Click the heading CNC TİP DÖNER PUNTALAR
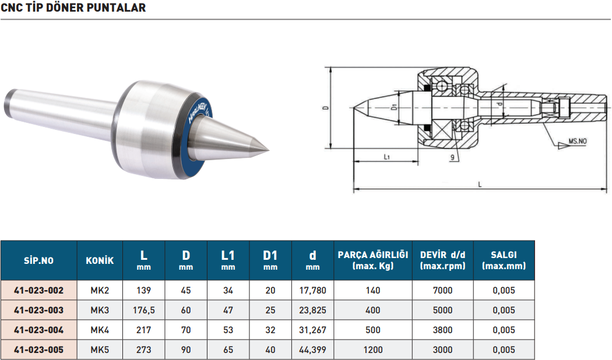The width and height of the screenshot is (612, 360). [73, 8]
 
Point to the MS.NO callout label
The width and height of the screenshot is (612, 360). [577, 141]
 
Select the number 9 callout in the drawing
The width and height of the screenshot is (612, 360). [452, 157]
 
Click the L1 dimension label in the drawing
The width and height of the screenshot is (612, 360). [386, 157]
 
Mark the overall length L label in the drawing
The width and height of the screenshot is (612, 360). [480, 185]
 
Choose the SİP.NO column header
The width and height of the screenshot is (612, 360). [38, 260]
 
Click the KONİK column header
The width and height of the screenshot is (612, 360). [100, 260]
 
